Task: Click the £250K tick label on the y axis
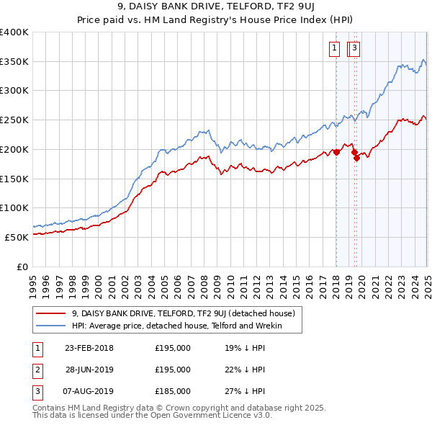(14, 120)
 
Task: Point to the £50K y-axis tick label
(17, 237)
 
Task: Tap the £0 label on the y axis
(23, 267)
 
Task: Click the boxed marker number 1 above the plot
(336, 49)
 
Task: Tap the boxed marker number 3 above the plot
(356, 49)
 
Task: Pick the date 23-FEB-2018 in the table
(89, 348)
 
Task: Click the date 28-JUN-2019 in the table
(89, 370)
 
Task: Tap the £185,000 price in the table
(173, 391)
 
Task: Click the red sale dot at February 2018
(336, 152)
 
